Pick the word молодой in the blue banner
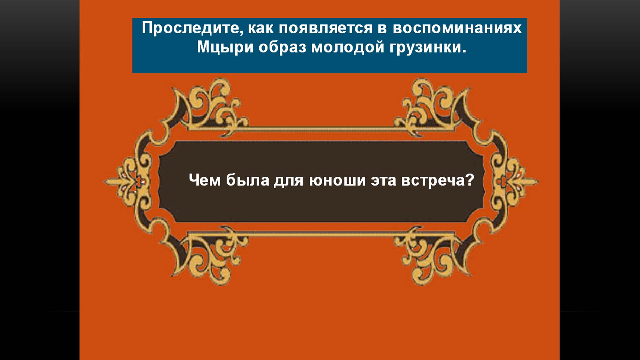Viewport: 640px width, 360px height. click(348, 48)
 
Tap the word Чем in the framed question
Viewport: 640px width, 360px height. click(205, 180)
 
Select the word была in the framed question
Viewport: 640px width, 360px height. click(248, 180)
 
